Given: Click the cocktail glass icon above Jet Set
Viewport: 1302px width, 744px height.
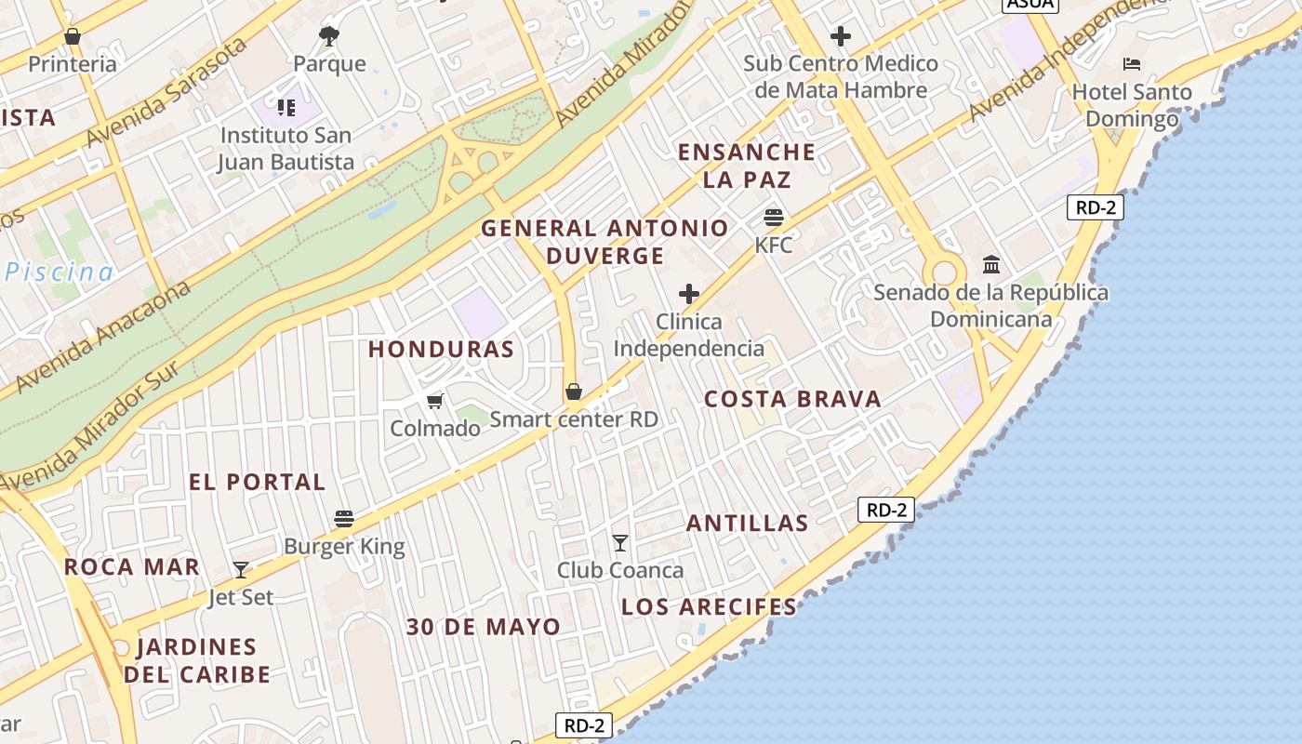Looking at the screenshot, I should (x=241, y=569).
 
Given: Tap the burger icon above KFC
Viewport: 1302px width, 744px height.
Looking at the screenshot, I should (x=773, y=218).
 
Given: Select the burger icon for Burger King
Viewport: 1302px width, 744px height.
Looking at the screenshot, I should (x=344, y=519).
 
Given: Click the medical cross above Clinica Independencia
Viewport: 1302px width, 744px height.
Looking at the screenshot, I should (x=688, y=295).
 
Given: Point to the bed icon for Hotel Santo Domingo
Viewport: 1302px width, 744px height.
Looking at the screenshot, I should (x=1132, y=64).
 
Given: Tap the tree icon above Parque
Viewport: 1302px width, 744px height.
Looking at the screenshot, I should (x=328, y=36).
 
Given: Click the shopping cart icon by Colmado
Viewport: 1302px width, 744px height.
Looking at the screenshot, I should (x=434, y=401).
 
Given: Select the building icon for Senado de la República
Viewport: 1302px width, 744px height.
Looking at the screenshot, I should (x=991, y=265).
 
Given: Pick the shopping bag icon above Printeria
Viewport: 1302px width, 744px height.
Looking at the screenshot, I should (x=73, y=36).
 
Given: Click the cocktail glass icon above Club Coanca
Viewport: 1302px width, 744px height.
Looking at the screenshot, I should (x=620, y=542).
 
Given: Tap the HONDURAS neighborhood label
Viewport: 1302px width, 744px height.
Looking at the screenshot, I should (x=441, y=350).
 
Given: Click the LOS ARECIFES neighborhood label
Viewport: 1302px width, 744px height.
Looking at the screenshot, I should (x=709, y=607).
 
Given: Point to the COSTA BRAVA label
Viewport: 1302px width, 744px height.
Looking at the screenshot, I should (x=792, y=400).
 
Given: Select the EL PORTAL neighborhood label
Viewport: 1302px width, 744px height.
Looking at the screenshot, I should (x=257, y=483).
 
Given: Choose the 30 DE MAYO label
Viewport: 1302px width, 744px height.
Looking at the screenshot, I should (x=483, y=627).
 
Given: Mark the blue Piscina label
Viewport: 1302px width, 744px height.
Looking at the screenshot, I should (x=60, y=272).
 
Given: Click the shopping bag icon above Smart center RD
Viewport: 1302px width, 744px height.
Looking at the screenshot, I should (x=574, y=392).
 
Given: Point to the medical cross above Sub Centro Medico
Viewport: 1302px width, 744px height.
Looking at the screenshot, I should (x=841, y=36).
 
